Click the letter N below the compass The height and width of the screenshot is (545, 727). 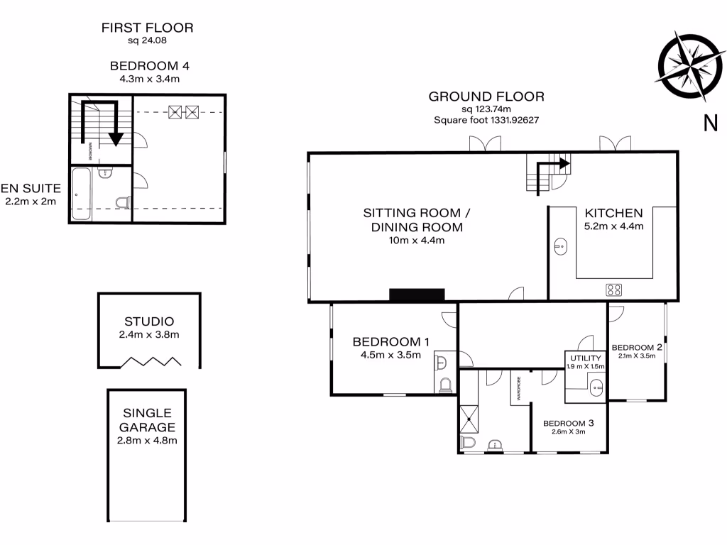pyautogui.click(x=710, y=123)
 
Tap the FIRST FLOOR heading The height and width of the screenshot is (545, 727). pyautogui.click(x=147, y=28)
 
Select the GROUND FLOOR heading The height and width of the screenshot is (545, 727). pyautogui.click(x=486, y=97)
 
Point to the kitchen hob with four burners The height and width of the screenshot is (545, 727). pyautogui.click(x=613, y=290)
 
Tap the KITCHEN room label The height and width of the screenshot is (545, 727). pyautogui.click(x=613, y=213)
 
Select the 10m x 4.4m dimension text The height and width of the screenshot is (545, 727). pyautogui.click(x=417, y=241)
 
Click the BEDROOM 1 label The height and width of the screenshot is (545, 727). pyautogui.click(x=391, y=342)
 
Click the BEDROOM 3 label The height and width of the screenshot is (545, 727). pyautogui.click(x=568, y=423)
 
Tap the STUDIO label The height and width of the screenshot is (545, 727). pyautogui.click(x=149, y=321)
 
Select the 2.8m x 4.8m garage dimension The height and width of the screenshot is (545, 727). pyautogui.click(x=147, y=441)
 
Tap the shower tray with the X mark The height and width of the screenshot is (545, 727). pyautogui.click(x=469, y=419)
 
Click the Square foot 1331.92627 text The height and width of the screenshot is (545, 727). pyautogui.click(x=486, y=120)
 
